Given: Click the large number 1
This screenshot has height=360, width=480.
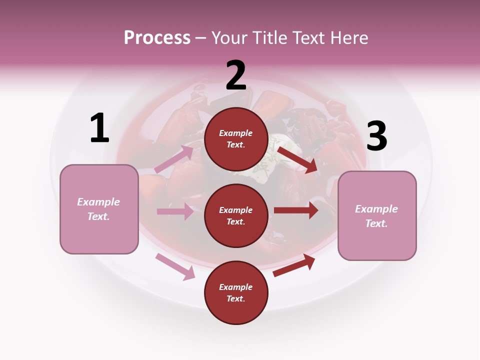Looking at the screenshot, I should (99, 128).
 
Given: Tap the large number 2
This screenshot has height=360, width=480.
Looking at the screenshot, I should (236, 76).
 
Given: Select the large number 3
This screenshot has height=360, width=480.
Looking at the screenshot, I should (376, 137).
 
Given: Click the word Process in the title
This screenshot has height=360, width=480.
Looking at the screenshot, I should (157, 37).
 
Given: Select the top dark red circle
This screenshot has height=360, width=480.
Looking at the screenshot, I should (236, 139).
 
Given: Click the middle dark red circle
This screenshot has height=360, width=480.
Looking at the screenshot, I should (236, 215).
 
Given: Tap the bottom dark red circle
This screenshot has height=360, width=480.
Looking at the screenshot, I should (236, 292).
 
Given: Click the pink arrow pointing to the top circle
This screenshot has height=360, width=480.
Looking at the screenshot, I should (174, 159).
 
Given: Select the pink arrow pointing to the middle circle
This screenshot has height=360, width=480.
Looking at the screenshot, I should (175, 211).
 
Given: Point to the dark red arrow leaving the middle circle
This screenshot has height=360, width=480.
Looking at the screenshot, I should (296, 210).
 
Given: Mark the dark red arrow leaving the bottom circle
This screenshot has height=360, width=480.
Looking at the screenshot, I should (294, 265).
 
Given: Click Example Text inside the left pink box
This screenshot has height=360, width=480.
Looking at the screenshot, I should (98, 209).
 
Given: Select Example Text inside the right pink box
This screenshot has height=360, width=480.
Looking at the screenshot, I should (376, 216).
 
